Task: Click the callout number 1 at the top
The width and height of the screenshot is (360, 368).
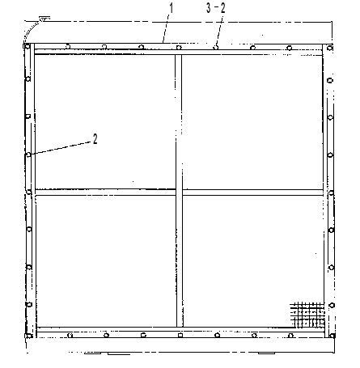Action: (x=171, y=8)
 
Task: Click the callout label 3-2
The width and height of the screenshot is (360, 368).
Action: (x=216, y=8)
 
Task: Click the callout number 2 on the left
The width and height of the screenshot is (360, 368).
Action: (x=95, y=139)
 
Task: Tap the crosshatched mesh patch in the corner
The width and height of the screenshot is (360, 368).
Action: (x=307, y=315)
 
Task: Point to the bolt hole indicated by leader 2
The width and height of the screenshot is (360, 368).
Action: (x=28, y=154)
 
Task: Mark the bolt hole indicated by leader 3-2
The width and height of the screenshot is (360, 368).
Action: (x=215, y=48)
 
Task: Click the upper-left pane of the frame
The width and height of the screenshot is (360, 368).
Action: (x=105, y=122)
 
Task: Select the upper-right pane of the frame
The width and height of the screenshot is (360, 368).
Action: (x=252, y=122)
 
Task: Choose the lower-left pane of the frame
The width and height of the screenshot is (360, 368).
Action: (x=106, y=261)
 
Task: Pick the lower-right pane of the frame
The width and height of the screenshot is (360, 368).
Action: (x=253, y=261)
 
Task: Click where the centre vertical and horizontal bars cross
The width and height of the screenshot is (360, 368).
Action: (x=179, y=192)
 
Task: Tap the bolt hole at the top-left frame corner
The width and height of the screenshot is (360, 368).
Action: (x=28, y=46)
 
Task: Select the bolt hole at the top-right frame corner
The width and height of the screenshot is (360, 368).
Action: (x=329, y=48)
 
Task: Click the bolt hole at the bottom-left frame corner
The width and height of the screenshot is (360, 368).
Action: (x=28, y=336)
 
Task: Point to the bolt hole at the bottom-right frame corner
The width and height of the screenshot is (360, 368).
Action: (x=332, y=336)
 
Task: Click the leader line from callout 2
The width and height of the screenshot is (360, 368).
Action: (x=60, y=148)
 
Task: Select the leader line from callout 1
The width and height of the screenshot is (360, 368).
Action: (x=166, y=27)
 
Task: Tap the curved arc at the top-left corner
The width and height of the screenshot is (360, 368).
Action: (x=31, y=31)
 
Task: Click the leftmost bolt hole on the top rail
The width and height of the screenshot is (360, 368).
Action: (x=67, y=46)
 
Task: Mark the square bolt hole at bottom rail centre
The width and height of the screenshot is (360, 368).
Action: (x=180, y=335)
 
